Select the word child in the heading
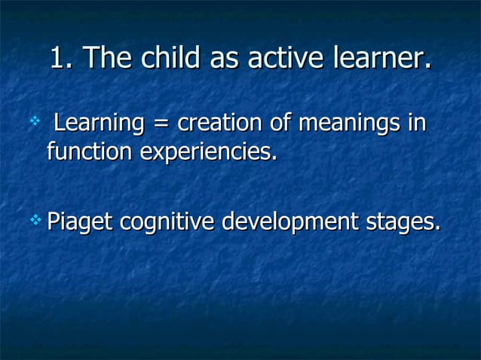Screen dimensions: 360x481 point(158,59)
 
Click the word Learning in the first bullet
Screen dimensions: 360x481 point(100,123)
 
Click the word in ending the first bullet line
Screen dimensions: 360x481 point(416,122)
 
